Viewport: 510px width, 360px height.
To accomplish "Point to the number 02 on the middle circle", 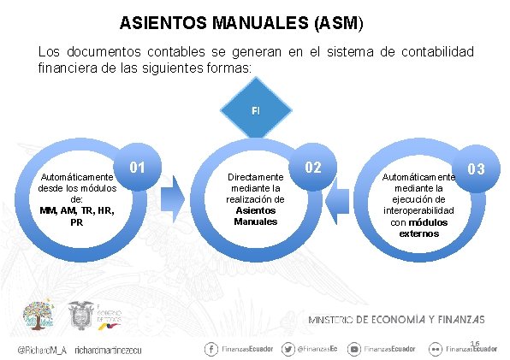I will coord(314,166).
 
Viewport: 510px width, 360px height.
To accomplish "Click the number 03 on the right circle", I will coord(477,168).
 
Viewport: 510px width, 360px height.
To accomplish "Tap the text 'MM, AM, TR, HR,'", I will coord(77,210).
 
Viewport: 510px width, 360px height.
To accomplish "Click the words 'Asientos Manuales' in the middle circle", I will coord(256,215).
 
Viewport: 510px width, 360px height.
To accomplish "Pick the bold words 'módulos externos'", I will coord(419,227).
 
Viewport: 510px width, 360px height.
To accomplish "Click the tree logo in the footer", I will coord(37,315).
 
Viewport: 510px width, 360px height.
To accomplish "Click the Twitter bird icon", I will coord(288,349).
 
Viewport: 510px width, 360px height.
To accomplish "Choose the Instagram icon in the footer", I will coord(354,349).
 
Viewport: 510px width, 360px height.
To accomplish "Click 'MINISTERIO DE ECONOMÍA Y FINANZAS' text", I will coord(396,319).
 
